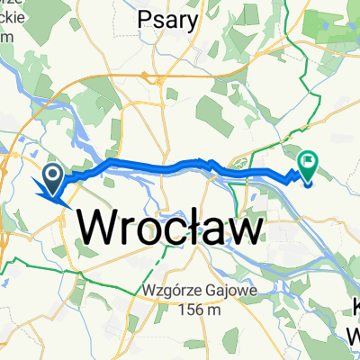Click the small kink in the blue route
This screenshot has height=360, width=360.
coord(209,163)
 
